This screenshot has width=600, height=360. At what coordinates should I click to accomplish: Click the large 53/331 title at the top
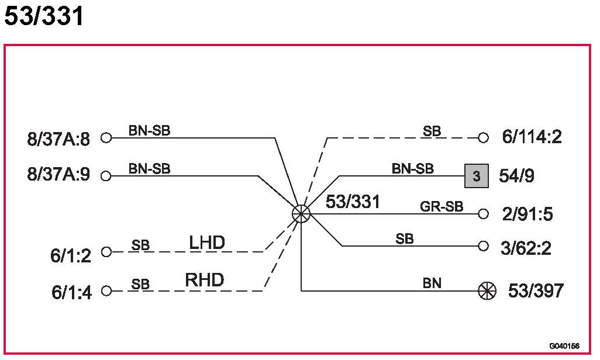[x=44, y=16]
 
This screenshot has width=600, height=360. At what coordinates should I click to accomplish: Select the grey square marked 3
[x=477, y=176]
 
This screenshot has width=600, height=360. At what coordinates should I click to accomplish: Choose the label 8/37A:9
[x=58, y=175]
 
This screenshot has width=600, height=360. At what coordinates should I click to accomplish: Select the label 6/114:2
[x=532, y=138]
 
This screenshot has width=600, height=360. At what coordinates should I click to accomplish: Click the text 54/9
[x=516, y=175]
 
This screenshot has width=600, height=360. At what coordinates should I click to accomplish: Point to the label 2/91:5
[x=527, y=214]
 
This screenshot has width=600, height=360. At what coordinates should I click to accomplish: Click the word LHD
[x=207, y=243]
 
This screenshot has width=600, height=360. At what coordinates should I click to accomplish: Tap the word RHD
[x=204, y=281]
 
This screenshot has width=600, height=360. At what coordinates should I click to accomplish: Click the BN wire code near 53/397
[x=432, y=283]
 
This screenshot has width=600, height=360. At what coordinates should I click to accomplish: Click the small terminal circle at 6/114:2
[x=483, y=138]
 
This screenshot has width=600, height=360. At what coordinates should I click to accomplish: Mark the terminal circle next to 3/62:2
[x=483, y=246]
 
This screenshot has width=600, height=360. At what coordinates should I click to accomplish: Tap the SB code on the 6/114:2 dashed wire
[x=432, y=131]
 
